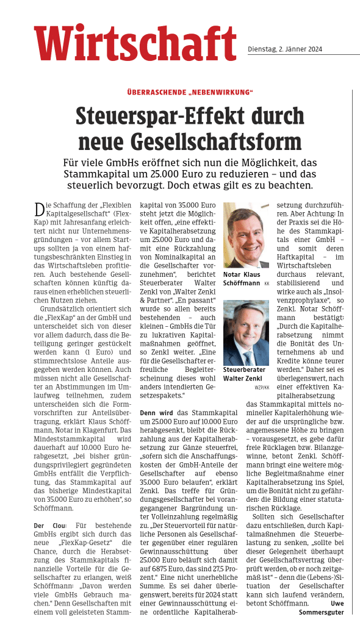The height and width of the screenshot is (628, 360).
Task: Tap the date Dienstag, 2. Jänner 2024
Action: pyautogui.click(x=285, y=49)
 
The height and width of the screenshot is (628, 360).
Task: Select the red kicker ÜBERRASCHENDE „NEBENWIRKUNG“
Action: pyautogui.click(x=190, y=92)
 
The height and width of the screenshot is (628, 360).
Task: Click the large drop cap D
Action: pyautogui.click(x=39, y=210)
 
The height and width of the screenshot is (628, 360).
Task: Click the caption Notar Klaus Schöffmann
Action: pyautogui.click(x=243, y=279)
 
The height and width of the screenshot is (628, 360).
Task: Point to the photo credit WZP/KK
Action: pyautogui.click(x=262, y=387)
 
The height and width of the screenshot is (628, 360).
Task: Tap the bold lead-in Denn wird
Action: pyautogui.click(x=156, y=412)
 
